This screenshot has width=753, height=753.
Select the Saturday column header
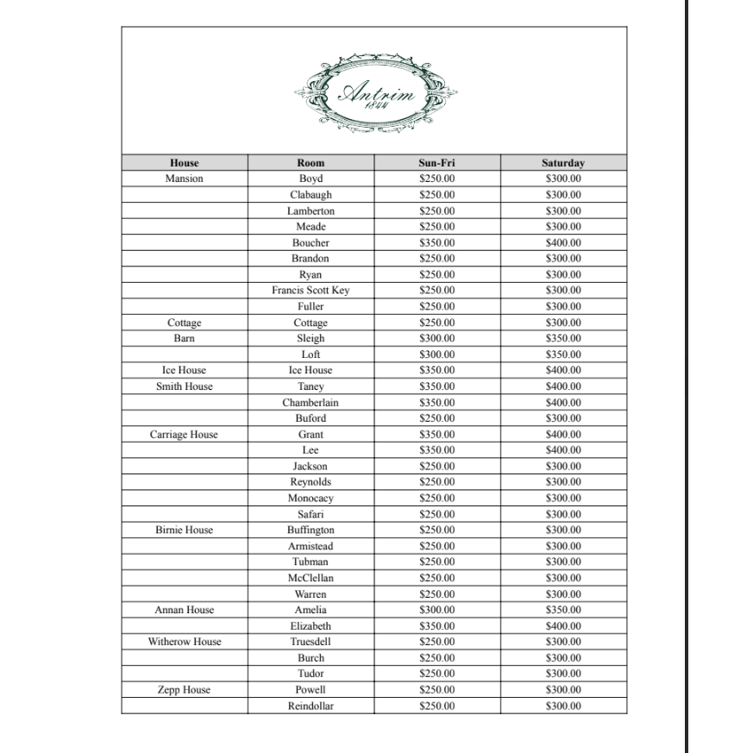[563, 163]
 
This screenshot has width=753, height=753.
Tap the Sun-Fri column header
[436, 163]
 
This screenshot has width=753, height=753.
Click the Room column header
[311, 163]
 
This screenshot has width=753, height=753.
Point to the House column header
[184, 163]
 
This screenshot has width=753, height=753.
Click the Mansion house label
[184, 179]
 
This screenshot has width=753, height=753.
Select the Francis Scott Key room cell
[311, 291]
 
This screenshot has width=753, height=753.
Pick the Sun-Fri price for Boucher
[436, 243]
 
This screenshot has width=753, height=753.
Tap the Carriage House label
[184, 435]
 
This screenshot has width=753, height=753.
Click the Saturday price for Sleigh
[563, 339]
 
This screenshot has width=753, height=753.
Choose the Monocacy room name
[311, 499]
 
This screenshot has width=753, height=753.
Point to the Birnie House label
[184, 530]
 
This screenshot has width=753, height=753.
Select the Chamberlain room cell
[311, 403]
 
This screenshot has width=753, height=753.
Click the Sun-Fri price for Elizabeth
[436, 626]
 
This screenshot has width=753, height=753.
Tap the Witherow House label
[184, 642]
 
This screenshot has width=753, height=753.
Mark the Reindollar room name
[311, 706]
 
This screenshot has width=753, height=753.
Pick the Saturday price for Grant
[563, 435]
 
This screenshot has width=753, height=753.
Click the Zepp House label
[184, 690]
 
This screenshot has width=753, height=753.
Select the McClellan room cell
[311, 578]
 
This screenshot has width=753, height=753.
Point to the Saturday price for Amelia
[563, 610]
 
